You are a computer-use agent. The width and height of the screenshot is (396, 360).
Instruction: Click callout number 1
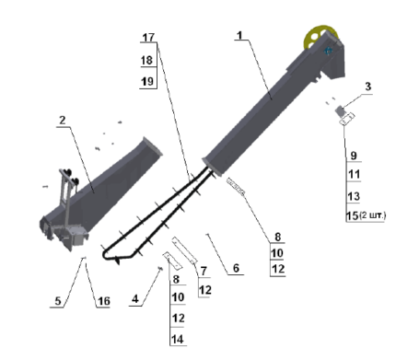pyautogui.click(x=239, y=36)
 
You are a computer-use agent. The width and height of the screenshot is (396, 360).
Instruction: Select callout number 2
pyautogui.click(x=63, y=120)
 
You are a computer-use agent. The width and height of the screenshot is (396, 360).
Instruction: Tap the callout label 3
pyautogui.click(x=367, y=87)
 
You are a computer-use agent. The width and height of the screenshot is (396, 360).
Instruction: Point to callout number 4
pyautogui.click(x=135, y=299)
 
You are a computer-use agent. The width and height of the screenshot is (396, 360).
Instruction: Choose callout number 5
pyautogui.click(x=58, y=301)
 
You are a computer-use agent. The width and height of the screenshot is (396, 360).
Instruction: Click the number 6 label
pyautogui.click(x=236, y=268)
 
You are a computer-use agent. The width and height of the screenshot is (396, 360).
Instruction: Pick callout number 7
pyautogui.click(x=204, y=271)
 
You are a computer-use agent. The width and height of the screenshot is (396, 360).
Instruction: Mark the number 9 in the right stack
pyautogui.click(x=354, y=156)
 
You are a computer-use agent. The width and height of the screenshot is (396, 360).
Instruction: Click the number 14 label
pyautogui.click(x=178, y=339)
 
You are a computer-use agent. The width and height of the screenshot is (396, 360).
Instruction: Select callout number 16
pyautogui.click(x=104, y=301)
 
